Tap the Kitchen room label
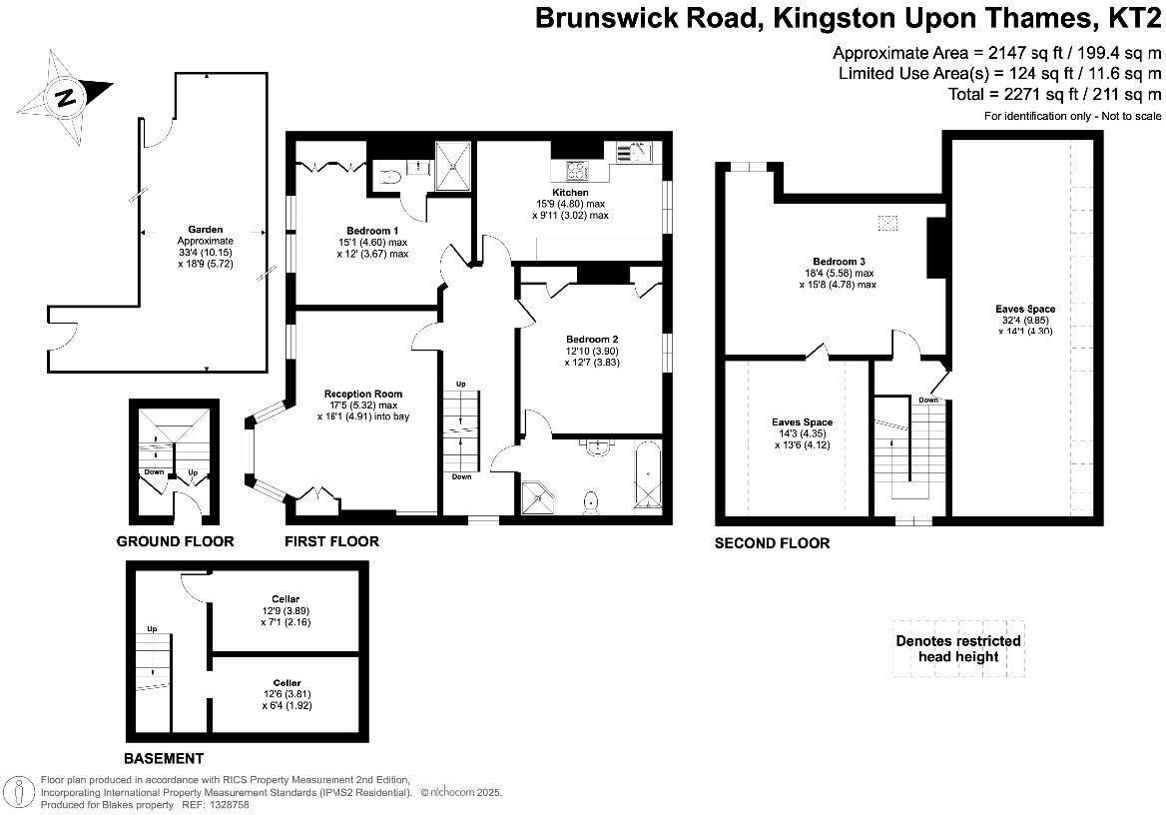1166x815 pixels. [x=570, y=192]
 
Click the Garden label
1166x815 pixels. [x=204, y=229]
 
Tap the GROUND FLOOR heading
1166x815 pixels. [x=175, y=541]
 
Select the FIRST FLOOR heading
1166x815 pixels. [x=331, y=541]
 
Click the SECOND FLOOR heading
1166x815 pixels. [x=772, y=543]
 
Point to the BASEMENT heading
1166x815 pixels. [x=164, y=758]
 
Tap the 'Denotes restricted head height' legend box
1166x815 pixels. [x=958, y=648]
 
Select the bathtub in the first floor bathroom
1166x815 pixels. [x=647, y=478]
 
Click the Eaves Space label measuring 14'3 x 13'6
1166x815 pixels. [x=803, y=422]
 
